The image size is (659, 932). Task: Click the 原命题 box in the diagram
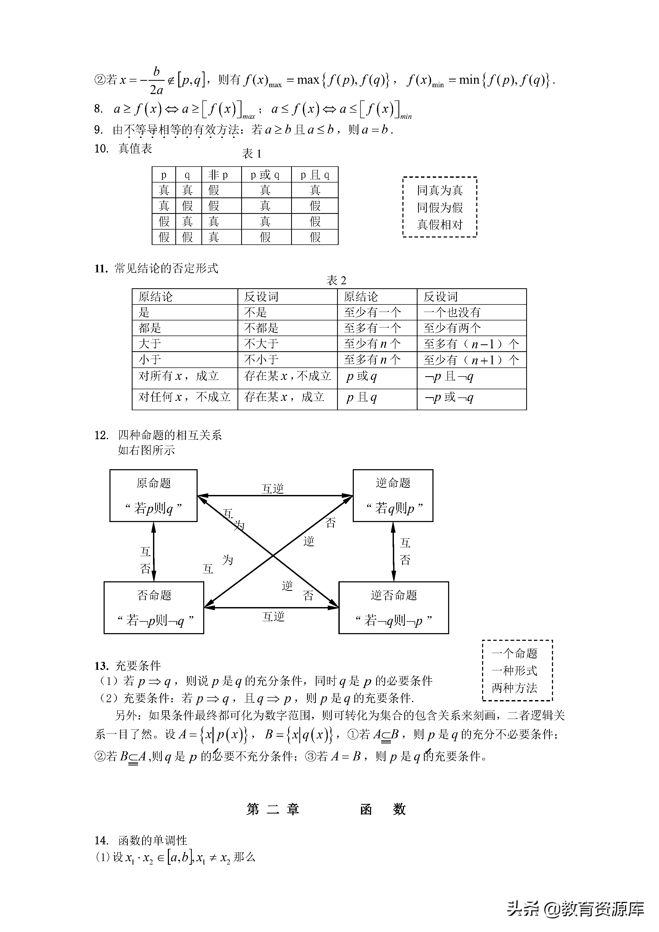153,495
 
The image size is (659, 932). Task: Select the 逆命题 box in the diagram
393,495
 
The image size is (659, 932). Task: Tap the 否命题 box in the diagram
154,608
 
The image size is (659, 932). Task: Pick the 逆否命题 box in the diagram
394,608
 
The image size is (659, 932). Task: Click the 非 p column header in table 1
218,175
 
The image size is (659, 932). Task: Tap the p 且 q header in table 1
315,175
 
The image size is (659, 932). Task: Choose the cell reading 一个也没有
452,312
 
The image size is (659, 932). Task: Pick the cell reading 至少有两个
452,328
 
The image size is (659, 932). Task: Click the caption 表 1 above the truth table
252,154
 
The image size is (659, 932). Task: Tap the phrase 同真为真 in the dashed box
440,190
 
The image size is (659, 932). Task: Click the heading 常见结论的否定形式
166,268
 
